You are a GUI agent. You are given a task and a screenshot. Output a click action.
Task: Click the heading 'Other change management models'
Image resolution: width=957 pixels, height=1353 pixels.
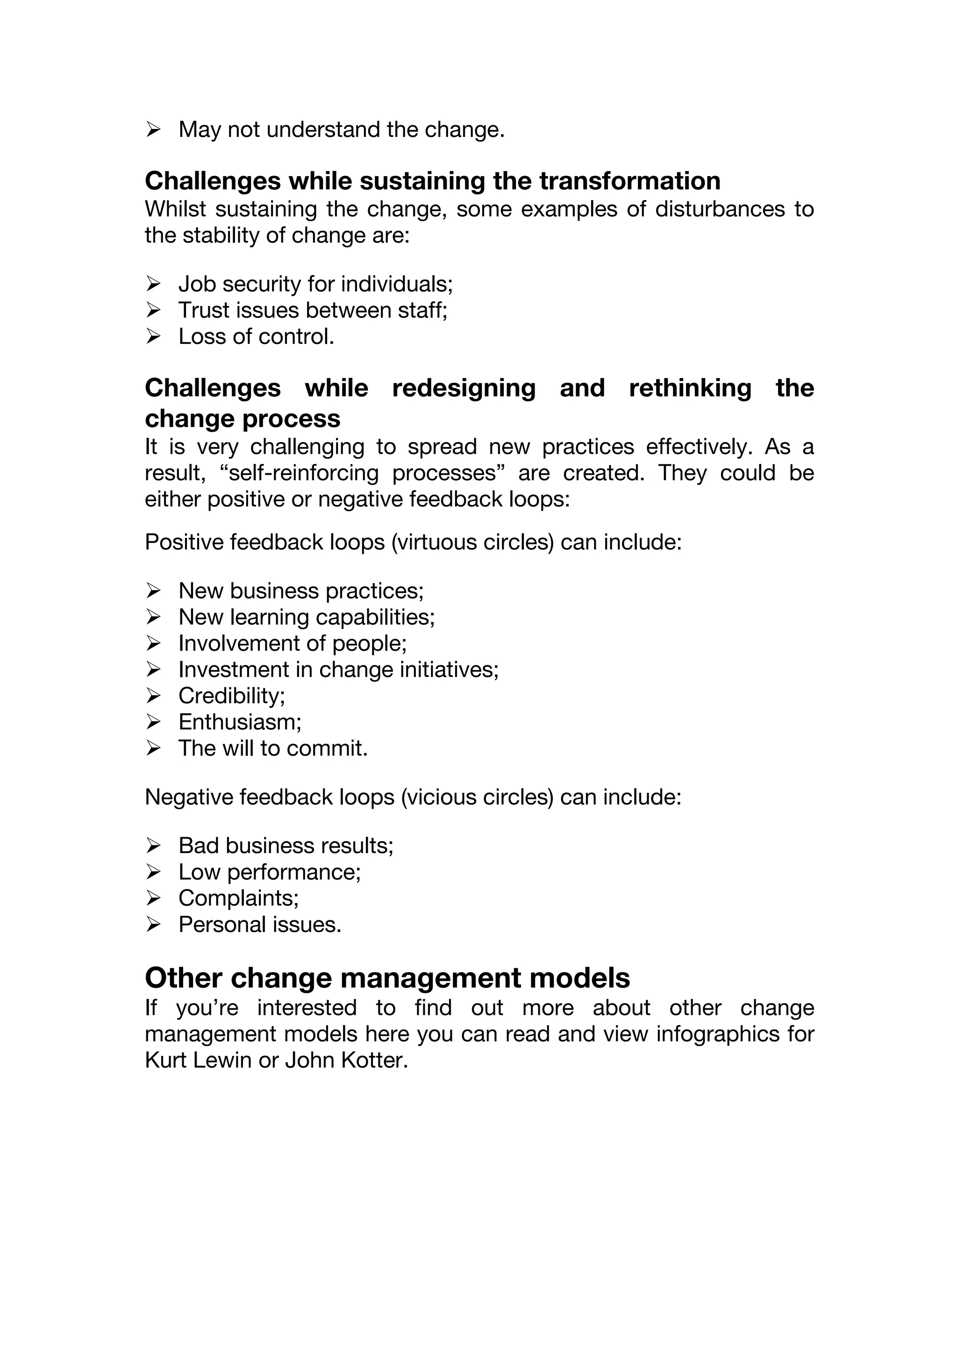(x=387, y=978)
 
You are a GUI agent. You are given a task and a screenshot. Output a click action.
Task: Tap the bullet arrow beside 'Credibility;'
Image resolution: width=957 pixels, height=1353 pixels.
(x=153, y=696)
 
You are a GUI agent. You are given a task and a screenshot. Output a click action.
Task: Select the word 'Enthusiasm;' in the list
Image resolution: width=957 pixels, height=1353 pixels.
(x=240, y=722)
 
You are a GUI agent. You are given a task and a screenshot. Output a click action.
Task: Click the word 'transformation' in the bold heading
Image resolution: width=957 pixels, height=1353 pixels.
(x=630, y=181)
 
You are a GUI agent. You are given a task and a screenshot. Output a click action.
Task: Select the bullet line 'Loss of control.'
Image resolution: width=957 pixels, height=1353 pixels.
(x=257, y=336)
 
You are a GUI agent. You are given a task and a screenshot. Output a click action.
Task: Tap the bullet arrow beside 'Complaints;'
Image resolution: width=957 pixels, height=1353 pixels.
(x=153, y=898)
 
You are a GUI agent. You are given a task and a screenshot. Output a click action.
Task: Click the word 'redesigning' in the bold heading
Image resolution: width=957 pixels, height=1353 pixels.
(x=464, y=388)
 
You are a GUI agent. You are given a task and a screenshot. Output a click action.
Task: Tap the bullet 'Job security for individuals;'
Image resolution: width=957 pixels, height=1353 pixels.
(x=316, y=284)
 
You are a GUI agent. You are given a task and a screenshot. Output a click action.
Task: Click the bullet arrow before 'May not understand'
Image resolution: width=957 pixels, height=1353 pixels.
(x=153, y=129)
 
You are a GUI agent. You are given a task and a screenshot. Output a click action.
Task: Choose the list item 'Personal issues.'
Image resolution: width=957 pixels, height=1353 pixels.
(x=260, y=924)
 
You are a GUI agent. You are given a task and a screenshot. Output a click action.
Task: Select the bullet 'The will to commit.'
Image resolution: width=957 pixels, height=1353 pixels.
(x=273, y=748)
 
